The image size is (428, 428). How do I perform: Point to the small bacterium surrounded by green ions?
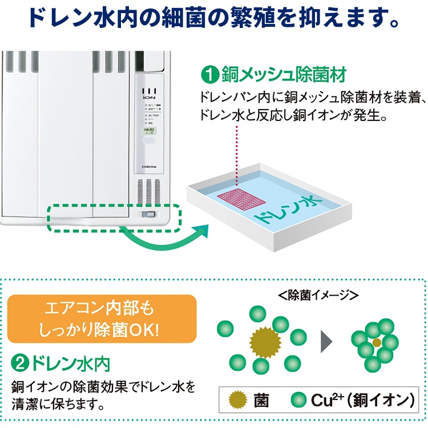pos(376,343)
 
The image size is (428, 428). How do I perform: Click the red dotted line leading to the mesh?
pos(236,143)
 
